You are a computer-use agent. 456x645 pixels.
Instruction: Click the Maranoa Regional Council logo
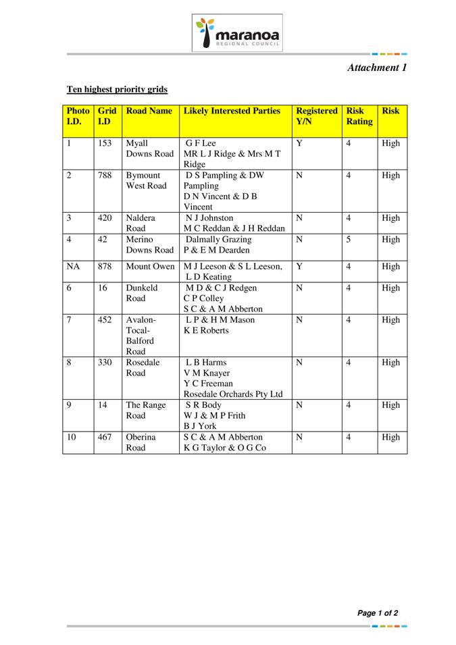pyautogui.click(x=236, y=32)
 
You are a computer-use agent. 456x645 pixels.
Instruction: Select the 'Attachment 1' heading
pyautogui.click(x=377, y=68)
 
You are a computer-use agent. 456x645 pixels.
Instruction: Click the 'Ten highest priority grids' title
pyautogui.click(x=117, y=89)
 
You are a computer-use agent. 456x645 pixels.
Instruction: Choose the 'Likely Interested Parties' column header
pyautogui.click(x=232, y=111)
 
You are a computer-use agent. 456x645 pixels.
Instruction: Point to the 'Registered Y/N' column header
pyautogui.click(x=316, y=116)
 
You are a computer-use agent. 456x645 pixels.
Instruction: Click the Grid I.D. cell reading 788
pyautogui.click(x=105, y=176)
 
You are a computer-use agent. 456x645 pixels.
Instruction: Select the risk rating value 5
pyautogui.click(x=349, y=240)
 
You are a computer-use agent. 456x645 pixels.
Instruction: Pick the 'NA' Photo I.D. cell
pyautogui.click(x=74, y=267)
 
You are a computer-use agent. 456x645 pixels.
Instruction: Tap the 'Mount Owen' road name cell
pyautogui.click(x=150, y=267)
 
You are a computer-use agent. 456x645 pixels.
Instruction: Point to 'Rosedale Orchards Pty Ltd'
pyautogui.click(x=233, y=394)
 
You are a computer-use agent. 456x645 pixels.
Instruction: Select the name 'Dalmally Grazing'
pyautogui.click(x=219, y=240)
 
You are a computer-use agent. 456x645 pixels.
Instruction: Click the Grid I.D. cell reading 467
pyautogui.click(x=105, y=438)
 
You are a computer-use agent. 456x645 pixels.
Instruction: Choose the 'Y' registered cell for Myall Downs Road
pyautogui.click(x=299, y=143)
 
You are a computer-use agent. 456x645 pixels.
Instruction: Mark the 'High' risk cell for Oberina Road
pyautogui.click(x=390, y=438)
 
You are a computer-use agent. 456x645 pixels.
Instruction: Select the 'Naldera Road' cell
pyautogui.click(x=141, y=224)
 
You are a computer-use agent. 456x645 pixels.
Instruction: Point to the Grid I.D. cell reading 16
pyautogui.click(x=103, y=288)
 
